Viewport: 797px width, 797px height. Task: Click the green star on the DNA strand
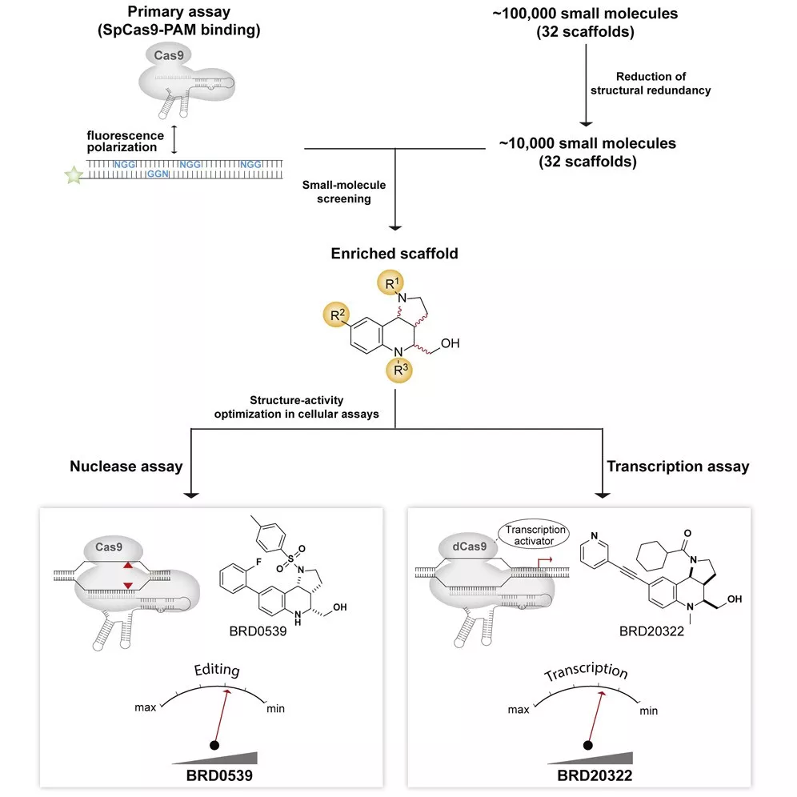[x=74, y=175]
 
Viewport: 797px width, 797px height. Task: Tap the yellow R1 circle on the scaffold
[x=390, y=282]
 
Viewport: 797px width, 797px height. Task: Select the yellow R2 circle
[x=337, y=314]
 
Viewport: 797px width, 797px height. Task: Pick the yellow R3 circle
[x=399, y=370]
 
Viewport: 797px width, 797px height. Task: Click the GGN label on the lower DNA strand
[x=158, y=174]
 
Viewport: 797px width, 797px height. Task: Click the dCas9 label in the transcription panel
[x=469, y=547]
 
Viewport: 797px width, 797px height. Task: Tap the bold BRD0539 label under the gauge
[x=219, y=775]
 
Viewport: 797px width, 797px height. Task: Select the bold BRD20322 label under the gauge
[x=595, y=775]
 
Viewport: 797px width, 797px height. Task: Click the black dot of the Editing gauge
[x=214, y=745]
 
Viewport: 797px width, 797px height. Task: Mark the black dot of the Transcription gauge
[x=588, y=745]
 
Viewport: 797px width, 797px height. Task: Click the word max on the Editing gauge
[x=146, y=707]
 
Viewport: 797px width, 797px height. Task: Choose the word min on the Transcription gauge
[x=649, y=711]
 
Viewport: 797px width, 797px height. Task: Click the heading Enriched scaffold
[x=394, y=253]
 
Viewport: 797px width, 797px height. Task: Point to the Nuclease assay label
[x=126, y=466]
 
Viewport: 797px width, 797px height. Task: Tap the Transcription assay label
[x=678, y=466]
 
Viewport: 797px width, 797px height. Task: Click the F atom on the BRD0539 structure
[x=258, y=563]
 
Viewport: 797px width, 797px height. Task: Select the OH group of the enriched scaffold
[x=450, y=343]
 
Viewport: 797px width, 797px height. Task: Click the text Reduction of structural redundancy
[x=651, y=83]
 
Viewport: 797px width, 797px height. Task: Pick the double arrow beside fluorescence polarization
[x=174, y=139]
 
